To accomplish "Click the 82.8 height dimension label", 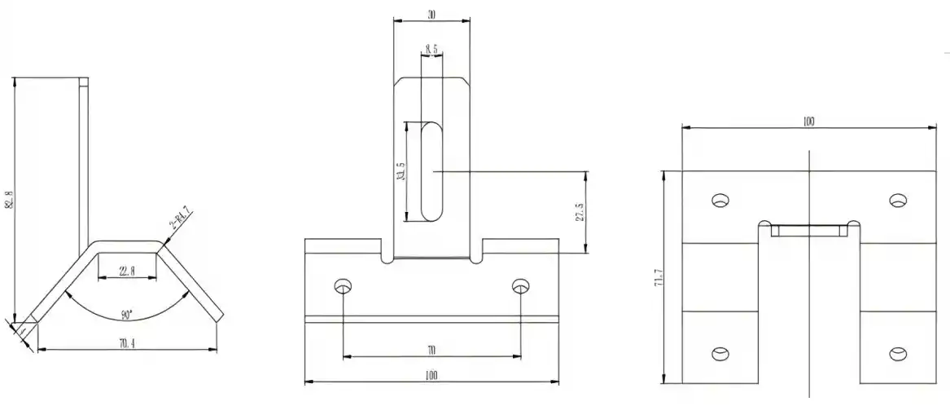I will point(9,199).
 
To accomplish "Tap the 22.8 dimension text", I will point(127,271).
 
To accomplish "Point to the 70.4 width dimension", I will point(127,344).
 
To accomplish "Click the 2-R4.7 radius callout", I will point(180,219).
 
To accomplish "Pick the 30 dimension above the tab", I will point(431,15).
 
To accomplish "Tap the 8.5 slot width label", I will point(431,50).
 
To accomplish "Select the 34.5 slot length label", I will point(400,172).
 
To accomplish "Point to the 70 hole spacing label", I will point(431,351).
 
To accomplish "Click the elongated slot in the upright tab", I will point(431,171).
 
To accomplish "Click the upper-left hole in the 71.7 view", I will point(720,201).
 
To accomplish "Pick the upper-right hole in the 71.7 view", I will point(897,201).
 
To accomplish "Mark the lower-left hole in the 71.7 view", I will point(720,353).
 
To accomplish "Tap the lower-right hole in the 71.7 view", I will point(897,353).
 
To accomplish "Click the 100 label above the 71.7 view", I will point(808,122).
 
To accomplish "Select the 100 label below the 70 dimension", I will point(431,376).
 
